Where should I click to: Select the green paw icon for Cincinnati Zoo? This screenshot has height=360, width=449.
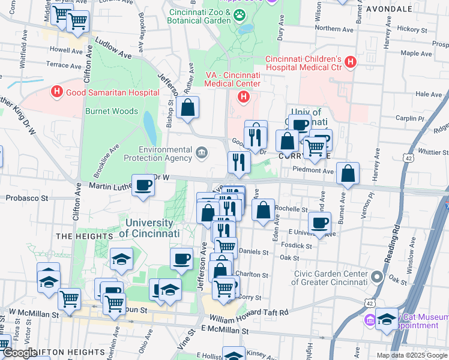coord(239,14)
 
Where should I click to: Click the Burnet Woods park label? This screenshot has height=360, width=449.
coord(111,111)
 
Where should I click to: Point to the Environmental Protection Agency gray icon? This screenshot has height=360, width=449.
coord(200,153)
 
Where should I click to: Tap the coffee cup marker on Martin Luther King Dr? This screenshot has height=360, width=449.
coord(143,185)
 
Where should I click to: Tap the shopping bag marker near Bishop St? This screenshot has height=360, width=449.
coord(188,109)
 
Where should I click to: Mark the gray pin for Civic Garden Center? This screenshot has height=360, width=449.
coord(377,277)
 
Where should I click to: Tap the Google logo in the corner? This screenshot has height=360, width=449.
coord(19,353)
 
